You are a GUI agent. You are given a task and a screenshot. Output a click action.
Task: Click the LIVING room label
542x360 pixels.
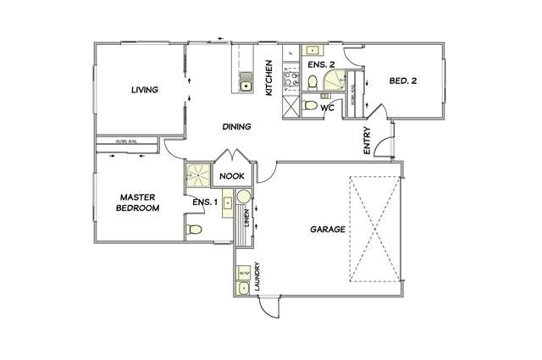145,90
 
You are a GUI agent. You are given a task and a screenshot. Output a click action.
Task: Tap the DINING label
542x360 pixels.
236,127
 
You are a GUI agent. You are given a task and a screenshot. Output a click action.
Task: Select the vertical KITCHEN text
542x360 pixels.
270,77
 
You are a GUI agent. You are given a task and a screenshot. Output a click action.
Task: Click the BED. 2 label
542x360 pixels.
403,81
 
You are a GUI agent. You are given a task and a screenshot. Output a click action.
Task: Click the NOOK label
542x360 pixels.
232,176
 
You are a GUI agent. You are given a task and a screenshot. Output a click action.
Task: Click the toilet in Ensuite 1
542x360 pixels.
194,230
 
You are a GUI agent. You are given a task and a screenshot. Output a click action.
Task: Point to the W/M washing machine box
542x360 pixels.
244,274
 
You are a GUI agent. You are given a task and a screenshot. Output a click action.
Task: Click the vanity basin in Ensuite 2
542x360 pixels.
312,49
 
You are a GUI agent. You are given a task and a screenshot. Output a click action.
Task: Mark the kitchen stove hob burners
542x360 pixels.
292,81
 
